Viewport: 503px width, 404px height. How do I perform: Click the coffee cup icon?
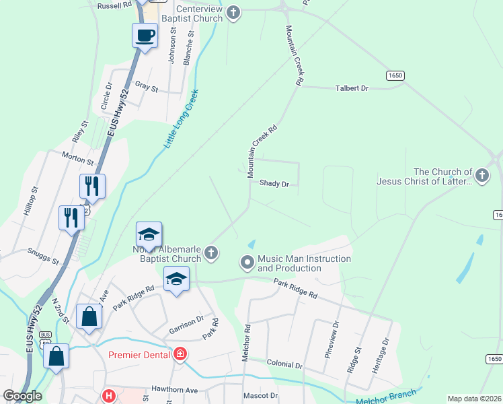(145, 34)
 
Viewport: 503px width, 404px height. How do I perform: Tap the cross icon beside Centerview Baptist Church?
(233, 12)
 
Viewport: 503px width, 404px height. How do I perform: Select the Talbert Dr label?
(352, 88)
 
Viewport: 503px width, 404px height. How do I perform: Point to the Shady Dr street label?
(274, 183)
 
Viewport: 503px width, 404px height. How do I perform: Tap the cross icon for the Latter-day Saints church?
(481, 176)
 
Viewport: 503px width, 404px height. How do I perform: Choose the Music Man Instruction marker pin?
(247, 262)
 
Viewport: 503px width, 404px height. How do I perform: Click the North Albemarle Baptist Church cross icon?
(211, 253)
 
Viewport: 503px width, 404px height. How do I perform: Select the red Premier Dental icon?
(180, 354)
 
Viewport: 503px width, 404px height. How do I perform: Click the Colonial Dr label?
(284, 365)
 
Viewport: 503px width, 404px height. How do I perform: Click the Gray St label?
(146, 87)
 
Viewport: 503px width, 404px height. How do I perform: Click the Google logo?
(22, 396)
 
